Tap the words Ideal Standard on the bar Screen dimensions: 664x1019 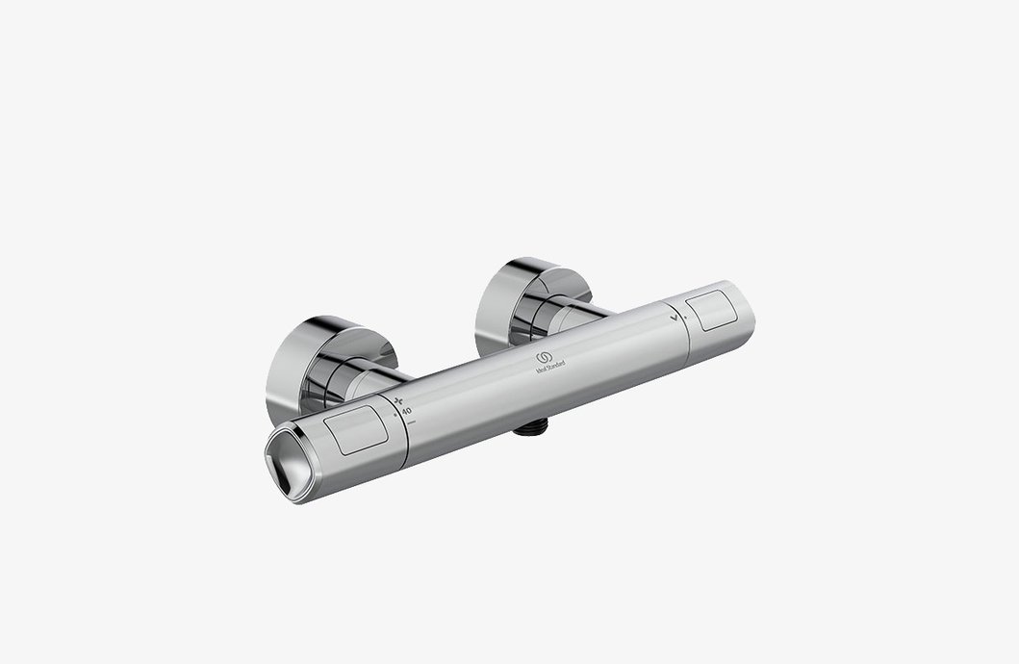pyautogui.click(x=549, y=368)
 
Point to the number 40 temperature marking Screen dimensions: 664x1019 pyautogui.click(x=406, y=411)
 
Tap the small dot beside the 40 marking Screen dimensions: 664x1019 pyautogui.click(x=395, y=415)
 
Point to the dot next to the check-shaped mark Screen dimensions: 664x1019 pyautogui.click(x=685, y=317)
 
